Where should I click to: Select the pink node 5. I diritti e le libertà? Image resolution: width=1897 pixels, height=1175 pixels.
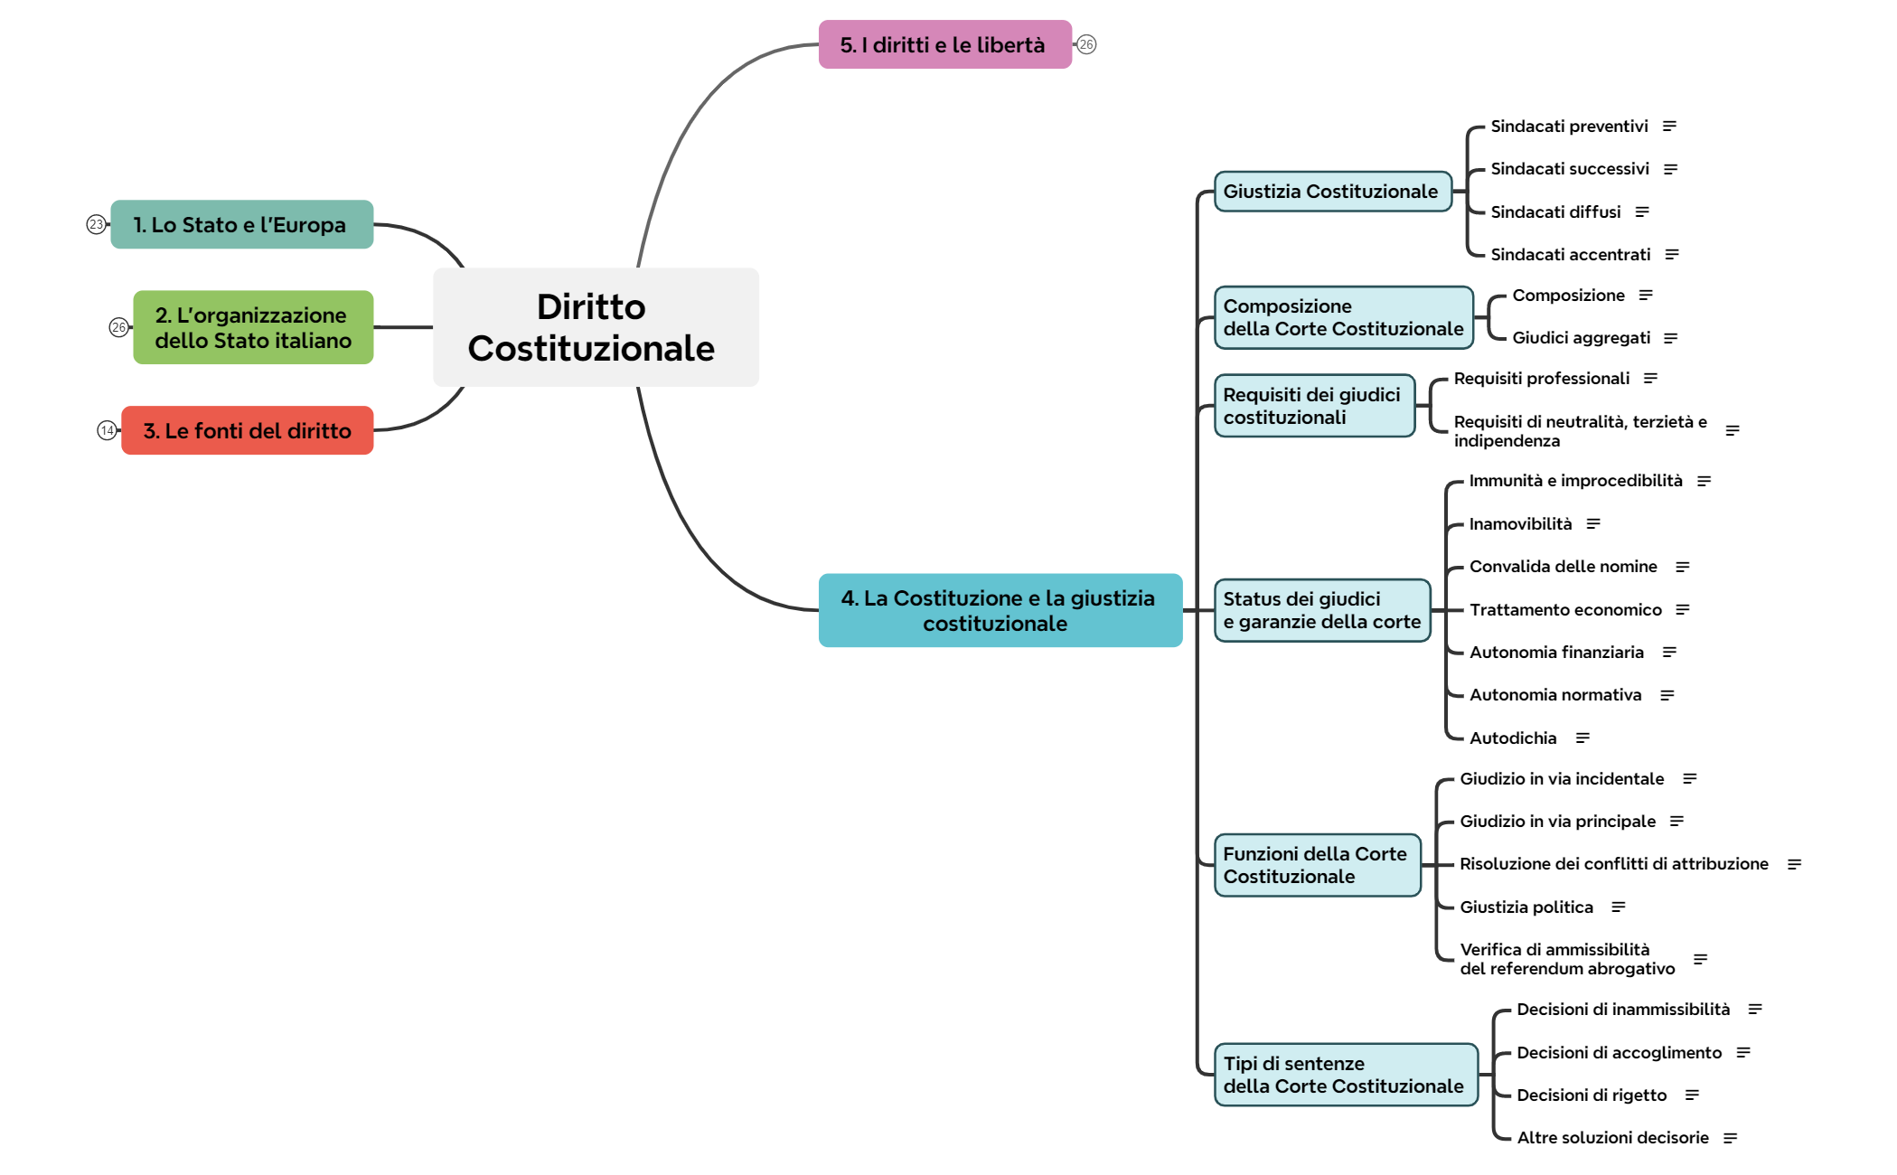coord(944,44)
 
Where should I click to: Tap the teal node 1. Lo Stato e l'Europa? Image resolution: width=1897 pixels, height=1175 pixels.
coord(241,224)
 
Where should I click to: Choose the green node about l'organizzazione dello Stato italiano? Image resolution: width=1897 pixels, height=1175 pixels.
coord(253,327)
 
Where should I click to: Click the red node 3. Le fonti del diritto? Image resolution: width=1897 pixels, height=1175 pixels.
coord(247,430)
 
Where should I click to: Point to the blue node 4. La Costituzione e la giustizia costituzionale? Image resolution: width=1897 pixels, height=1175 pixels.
coord(1000,610)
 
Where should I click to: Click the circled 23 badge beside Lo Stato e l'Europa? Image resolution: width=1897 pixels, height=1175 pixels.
coord(96,224)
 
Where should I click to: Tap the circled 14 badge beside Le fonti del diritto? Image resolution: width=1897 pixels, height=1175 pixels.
coord(107,430)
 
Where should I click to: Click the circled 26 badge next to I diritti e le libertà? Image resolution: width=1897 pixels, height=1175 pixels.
coord(1086,44)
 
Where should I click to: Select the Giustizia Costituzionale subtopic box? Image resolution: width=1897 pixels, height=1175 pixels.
coord(1332,192)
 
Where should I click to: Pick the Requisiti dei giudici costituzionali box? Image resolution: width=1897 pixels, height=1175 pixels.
coord(1314,406)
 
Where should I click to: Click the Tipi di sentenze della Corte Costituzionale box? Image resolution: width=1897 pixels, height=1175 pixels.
coord(1345,1075)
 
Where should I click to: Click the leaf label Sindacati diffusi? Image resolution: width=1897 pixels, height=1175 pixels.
coord(1555,211)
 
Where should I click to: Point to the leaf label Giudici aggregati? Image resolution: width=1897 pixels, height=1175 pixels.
coord(1581,338)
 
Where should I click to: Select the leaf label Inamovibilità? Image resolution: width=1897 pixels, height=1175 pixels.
coord(1520,524)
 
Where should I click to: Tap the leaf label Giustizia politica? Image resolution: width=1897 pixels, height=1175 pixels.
coord(1526,907)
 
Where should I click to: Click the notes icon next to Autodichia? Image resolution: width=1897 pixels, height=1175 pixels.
coord(1582,738)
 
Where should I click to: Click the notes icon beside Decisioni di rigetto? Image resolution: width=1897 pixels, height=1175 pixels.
coord(1692,1095)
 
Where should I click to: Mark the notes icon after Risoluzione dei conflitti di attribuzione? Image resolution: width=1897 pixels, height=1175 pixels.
coord(1794,865)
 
